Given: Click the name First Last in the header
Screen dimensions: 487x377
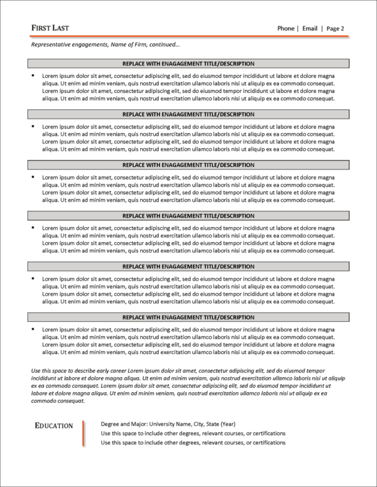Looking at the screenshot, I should (x=50, y=28).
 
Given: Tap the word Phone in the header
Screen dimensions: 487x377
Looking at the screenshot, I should (x=286, y=28).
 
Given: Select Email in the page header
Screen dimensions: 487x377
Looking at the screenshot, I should (x=310, y=28).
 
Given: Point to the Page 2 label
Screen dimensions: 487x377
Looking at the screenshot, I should (x=335, y=28).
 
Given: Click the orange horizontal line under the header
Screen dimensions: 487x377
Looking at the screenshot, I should (x=188, y=37).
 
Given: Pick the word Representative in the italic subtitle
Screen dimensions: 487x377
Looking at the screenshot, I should (x=51, y=45).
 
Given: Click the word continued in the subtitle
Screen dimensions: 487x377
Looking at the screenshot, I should (x=167, y=45).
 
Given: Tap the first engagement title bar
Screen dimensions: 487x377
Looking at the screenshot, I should (x=188, y=63).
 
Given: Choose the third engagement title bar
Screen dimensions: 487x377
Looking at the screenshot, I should (x=188, y=165).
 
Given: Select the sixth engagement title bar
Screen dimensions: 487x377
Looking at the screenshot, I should (x=188, y=317).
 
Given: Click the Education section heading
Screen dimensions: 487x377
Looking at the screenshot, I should (x=53, y=426).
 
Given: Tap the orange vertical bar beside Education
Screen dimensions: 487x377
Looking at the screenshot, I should (x=83, y=434).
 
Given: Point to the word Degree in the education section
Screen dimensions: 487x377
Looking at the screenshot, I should (x=111, y=424).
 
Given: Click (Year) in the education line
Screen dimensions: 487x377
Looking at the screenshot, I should (x=227, y=424).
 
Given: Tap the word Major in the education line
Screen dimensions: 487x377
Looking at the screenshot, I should (x=141, y=424).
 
